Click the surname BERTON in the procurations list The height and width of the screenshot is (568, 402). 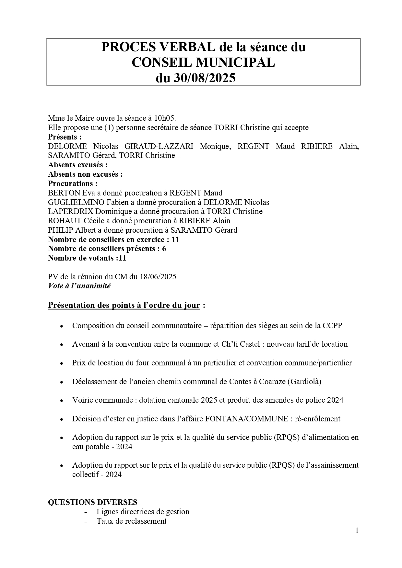pyautogui.click(x=64, y=193)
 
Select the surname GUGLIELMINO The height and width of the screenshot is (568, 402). pyautogui.click(x=76, y=202)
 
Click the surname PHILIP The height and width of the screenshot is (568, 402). pyautogui.click(x=61, y=230)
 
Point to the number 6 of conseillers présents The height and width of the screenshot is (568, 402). pyautogui.click(x=164, y=249)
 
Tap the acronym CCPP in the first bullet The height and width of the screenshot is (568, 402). pyautogui.click(x=332, y=325)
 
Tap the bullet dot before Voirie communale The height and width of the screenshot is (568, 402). pyautogui.click(x=62, y=401)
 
